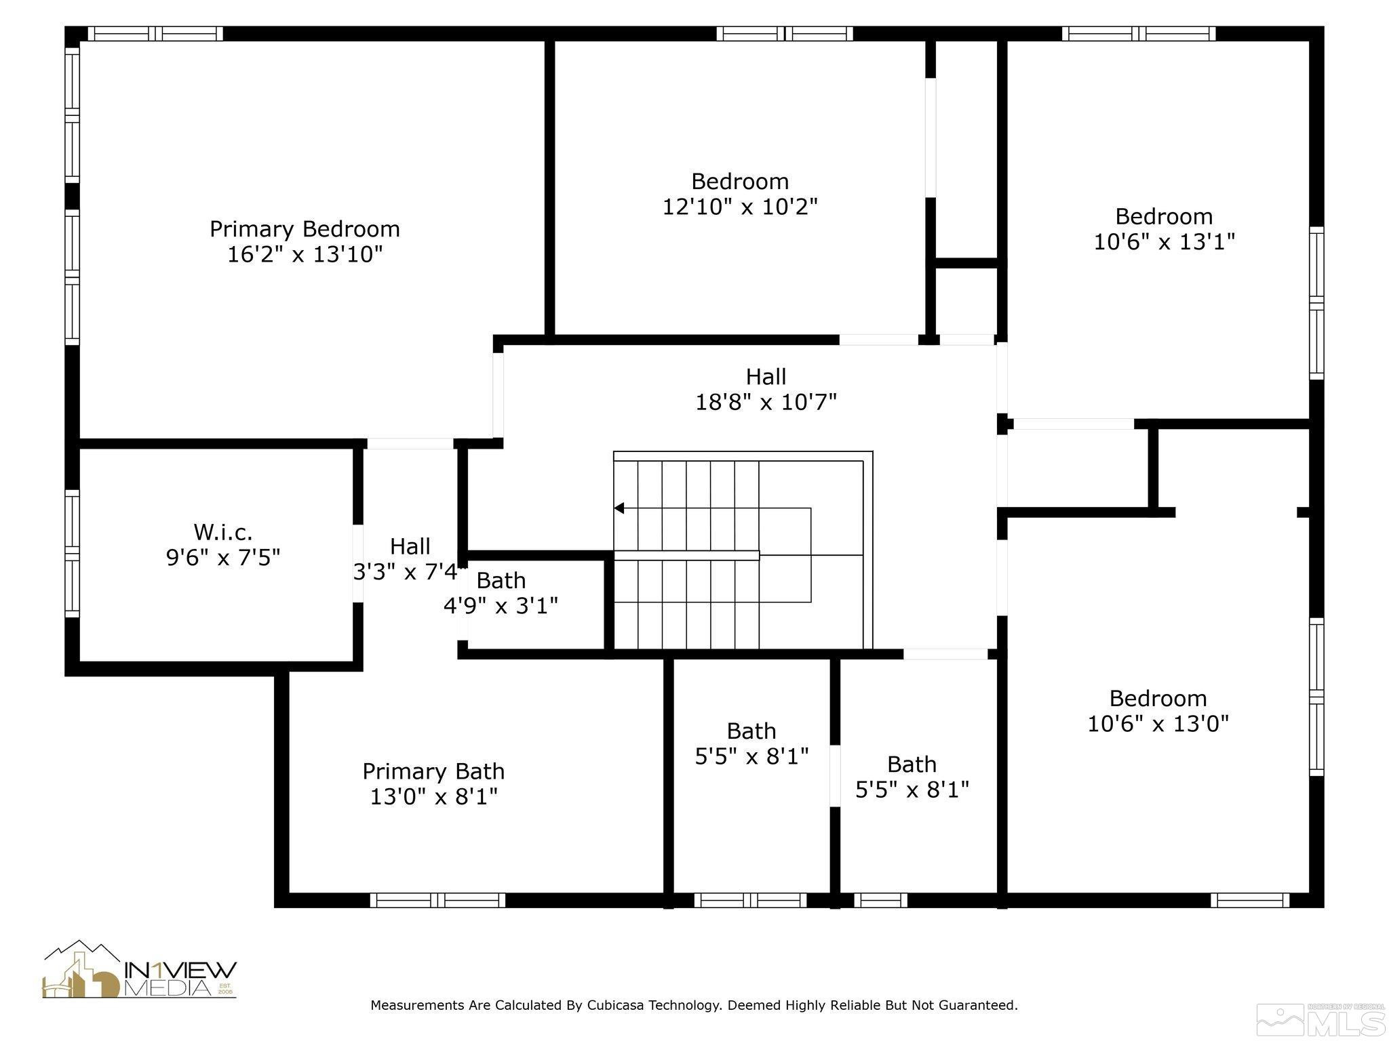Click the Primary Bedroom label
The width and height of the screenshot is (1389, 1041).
click(x=305, y=229)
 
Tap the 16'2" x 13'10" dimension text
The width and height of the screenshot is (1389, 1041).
click(x=305, y=255)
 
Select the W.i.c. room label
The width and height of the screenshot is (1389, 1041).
click(x=223, y=532)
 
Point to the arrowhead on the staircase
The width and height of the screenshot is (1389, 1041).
click(x=619, y=508)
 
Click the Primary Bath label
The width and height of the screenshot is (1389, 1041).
click(x=433, y=771)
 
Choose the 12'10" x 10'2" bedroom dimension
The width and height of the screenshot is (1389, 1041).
click(x=740, y=207)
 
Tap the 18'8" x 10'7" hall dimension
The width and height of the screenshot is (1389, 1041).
click(x=766, y=403)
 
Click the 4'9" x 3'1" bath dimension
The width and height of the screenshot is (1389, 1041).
click(x=501, y=605)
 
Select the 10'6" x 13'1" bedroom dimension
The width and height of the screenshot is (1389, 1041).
click(x=1164, y=241)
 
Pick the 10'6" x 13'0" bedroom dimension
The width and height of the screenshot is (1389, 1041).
click(x=1158, y=724)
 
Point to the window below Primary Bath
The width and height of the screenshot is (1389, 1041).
click(x=437, y=900)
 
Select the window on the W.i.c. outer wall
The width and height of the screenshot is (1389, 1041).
click(x=72, y=553)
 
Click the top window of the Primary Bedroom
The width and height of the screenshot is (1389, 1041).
click(x=155, y=34)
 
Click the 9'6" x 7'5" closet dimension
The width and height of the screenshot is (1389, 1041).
click(x=223, y=558)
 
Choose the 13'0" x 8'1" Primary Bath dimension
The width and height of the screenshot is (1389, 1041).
click(x=433, y=796)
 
